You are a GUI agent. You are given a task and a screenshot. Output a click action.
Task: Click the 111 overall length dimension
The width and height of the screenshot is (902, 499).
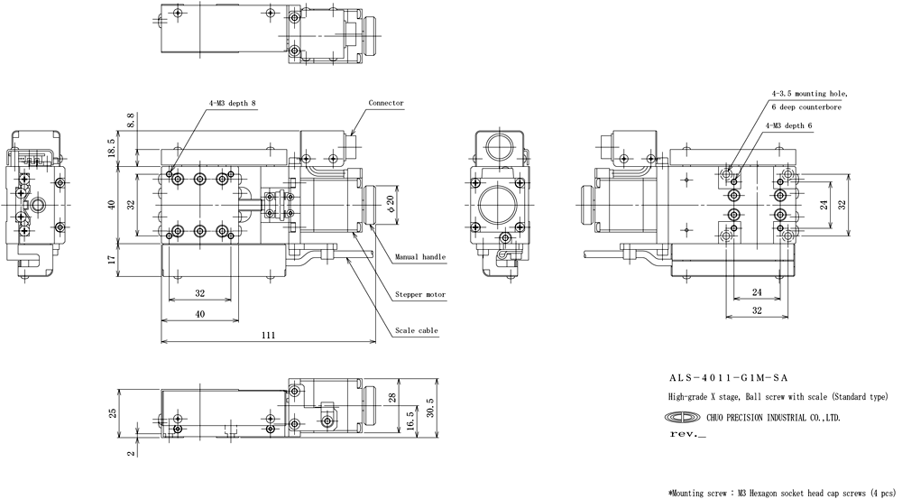[268, 335]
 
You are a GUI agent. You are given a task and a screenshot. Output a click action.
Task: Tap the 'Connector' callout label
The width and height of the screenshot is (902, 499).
[386, 103]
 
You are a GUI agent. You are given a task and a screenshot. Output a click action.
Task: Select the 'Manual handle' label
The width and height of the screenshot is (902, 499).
[420, 256]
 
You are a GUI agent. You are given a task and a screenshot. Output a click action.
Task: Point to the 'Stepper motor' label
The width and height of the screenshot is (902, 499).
[420, 295]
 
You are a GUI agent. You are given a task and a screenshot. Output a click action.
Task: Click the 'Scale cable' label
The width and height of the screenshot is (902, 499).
[417, 331]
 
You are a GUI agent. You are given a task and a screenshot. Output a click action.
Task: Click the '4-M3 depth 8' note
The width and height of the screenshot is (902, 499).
[233, 103]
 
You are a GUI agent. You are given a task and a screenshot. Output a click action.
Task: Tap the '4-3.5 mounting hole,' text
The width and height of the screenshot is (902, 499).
[809, 93]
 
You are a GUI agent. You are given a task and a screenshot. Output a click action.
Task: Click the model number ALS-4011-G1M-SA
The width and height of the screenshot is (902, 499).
[728, 378]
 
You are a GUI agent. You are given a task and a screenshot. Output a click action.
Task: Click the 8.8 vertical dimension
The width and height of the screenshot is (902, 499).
[131, 120]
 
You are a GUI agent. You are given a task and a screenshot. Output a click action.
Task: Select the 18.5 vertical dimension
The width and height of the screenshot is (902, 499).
[111, 148]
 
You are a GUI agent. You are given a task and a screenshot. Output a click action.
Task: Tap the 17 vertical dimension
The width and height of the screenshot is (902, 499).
[112, 258]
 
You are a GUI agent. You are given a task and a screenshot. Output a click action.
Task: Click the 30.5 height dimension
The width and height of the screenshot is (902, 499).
[429, 408]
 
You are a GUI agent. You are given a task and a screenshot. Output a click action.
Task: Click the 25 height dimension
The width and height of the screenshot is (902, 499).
[114, 412]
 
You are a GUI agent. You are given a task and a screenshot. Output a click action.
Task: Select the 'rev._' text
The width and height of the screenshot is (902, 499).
[687, 434]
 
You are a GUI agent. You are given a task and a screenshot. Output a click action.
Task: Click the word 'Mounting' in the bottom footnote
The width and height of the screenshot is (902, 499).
[689, 493]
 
